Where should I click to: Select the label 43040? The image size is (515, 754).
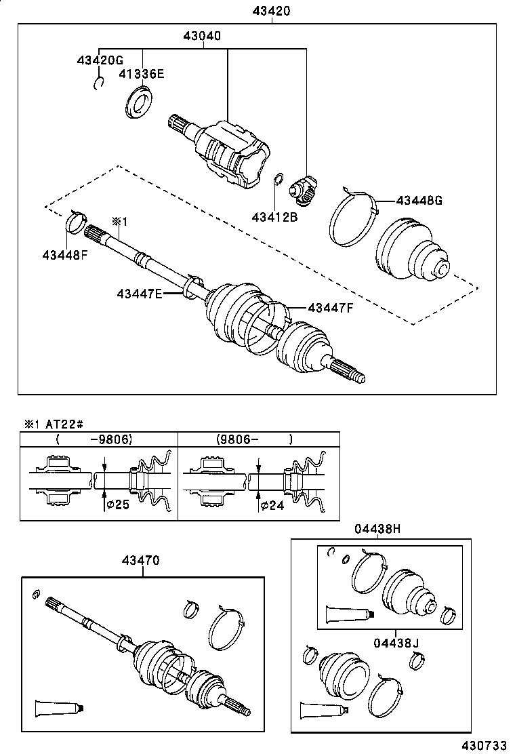coord(201,36)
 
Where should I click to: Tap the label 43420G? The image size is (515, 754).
coord(99,60)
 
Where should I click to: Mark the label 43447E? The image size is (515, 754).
coord(140,293)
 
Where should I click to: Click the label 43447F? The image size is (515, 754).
coord(331,308)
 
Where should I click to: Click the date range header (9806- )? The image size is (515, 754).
coord(255,439)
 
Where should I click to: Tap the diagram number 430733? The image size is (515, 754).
coord(483,745)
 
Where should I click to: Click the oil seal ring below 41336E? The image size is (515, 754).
coord(140,102)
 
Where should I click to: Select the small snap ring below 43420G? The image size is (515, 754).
coord(98,83)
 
